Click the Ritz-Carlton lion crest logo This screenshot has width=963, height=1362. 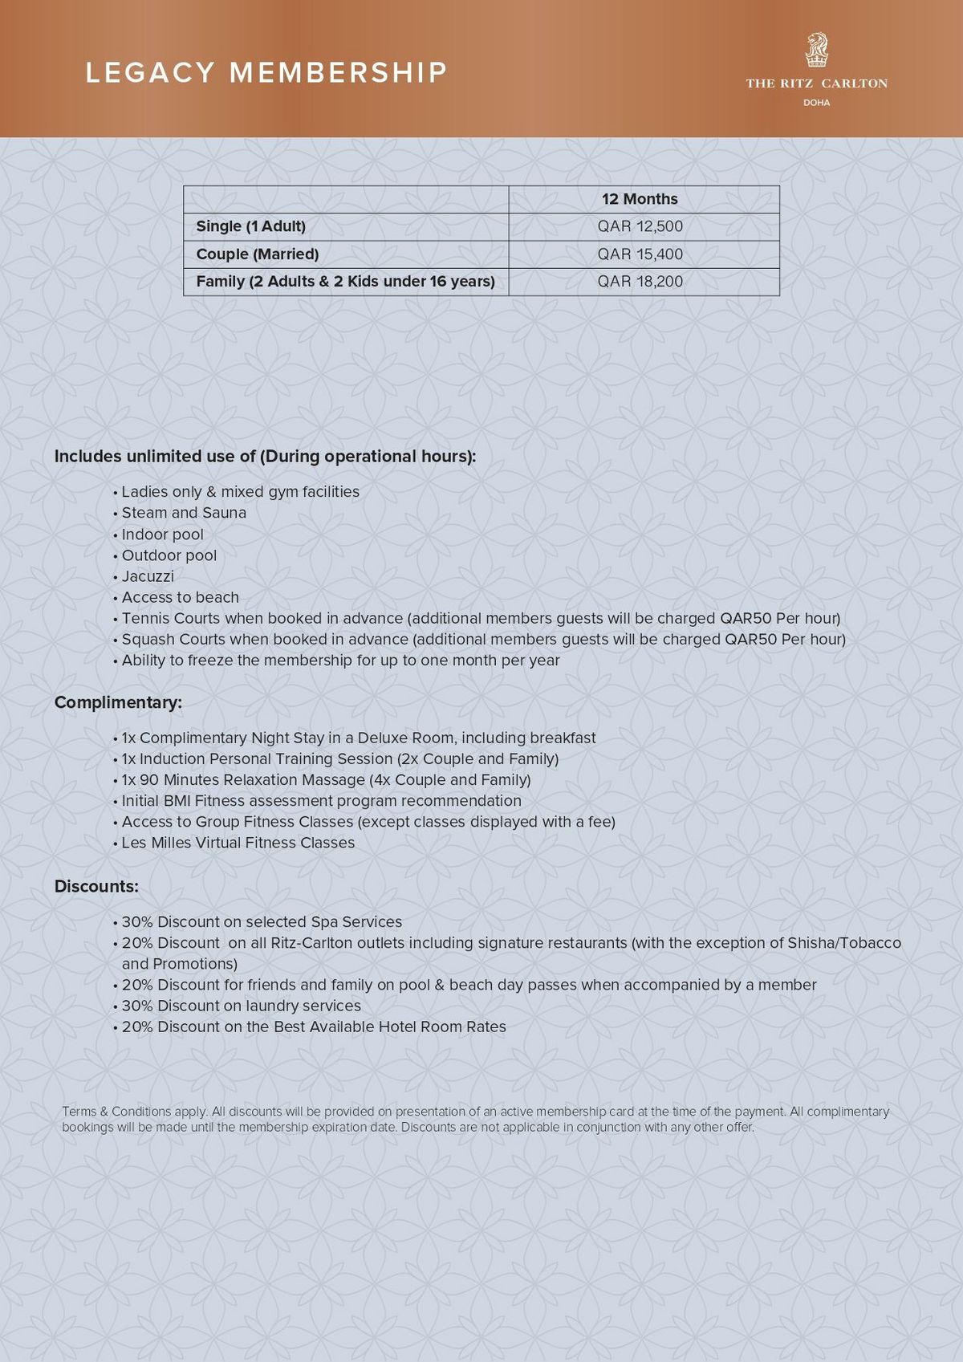pyautogui.click(x=816, y=50)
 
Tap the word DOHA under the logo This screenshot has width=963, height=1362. pyautogui.click(x=816, y=103)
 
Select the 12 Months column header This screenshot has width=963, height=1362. pyautogui.click(x=640, y=199)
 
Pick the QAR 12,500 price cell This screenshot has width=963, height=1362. pyautogui.click(x=640, y=226)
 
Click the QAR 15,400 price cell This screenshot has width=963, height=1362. pyautogui.click(x=640, y=254)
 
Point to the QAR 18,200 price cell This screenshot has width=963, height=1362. pyautogui.click(x=640, y=282)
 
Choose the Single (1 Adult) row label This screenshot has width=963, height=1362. pyautogui.click(x=250, y=226)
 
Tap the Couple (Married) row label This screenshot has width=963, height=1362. pyautogui.click(x=257, y=254)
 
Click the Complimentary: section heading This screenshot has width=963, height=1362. pyautogui.click(x=118, y=702)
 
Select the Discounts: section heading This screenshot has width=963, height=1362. pyautogui.click(x=96, y=887)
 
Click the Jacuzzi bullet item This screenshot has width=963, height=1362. pyautogui.click(x=148, y=576)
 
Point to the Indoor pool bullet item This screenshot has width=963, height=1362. pyautogui.click(x=162, y=535)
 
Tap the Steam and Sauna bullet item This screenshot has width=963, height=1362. pyautogui.click(x=184, y=513)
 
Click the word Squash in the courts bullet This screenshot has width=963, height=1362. pyautogui.click(x=147, y=640)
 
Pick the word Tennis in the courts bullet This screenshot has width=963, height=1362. pyautogui.click(x=146, y=619)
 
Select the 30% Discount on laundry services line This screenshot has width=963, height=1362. pyautogui.click(x=241, y=1006)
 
